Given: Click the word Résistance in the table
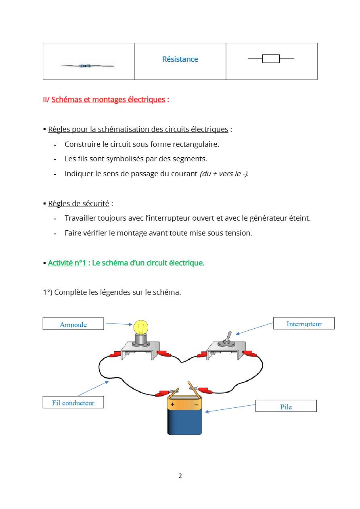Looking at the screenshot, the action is pyautogui.click(x=180, y=59).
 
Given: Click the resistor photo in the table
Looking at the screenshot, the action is pyautogui.click(x=88, y=66).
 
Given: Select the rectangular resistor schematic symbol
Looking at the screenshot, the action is pyautogui.click(x=271, y=58).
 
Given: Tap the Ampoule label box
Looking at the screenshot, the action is pyautogui.click(x=73, y=323).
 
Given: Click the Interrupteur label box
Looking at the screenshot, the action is pyautogui.click(x=303, y=323).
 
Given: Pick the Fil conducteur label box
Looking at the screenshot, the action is pyautogui.click(x=73, y=402).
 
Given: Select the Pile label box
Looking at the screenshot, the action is pyautogui.click(x=286, y=406).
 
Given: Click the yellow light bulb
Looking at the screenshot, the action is pyautogui.click(x=141, y=327).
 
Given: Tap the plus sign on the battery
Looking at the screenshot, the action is pyautogui.click(x=172, y=404).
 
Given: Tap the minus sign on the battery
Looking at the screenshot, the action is pyautogui.click(x=196, y=405).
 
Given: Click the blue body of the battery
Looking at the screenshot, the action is pyautogui.click(x=184, y=422).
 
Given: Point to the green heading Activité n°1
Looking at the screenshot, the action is pyautogui.click(x=67, y=263).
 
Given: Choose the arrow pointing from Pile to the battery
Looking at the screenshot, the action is pyautogui.click(x=230, y=408).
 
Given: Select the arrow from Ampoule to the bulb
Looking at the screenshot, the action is pyautogui.click(x=119, y=324).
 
